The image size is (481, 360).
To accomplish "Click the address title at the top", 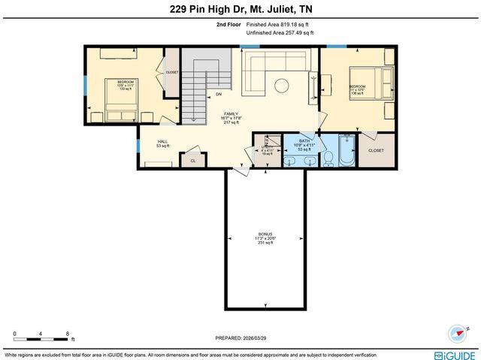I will (240, 9).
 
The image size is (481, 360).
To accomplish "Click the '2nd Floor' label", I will (228, 26).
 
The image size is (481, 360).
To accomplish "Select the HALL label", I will (162, 143).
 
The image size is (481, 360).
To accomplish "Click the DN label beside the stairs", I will (219, 95).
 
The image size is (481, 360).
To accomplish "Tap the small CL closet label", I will (192, 161).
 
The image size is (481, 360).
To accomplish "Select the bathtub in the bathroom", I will (345, 150).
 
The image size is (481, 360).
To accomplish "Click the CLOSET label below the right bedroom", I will (376, 150).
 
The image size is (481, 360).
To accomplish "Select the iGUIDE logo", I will (455, 354).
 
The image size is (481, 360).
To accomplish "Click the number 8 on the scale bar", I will (68, 333).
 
